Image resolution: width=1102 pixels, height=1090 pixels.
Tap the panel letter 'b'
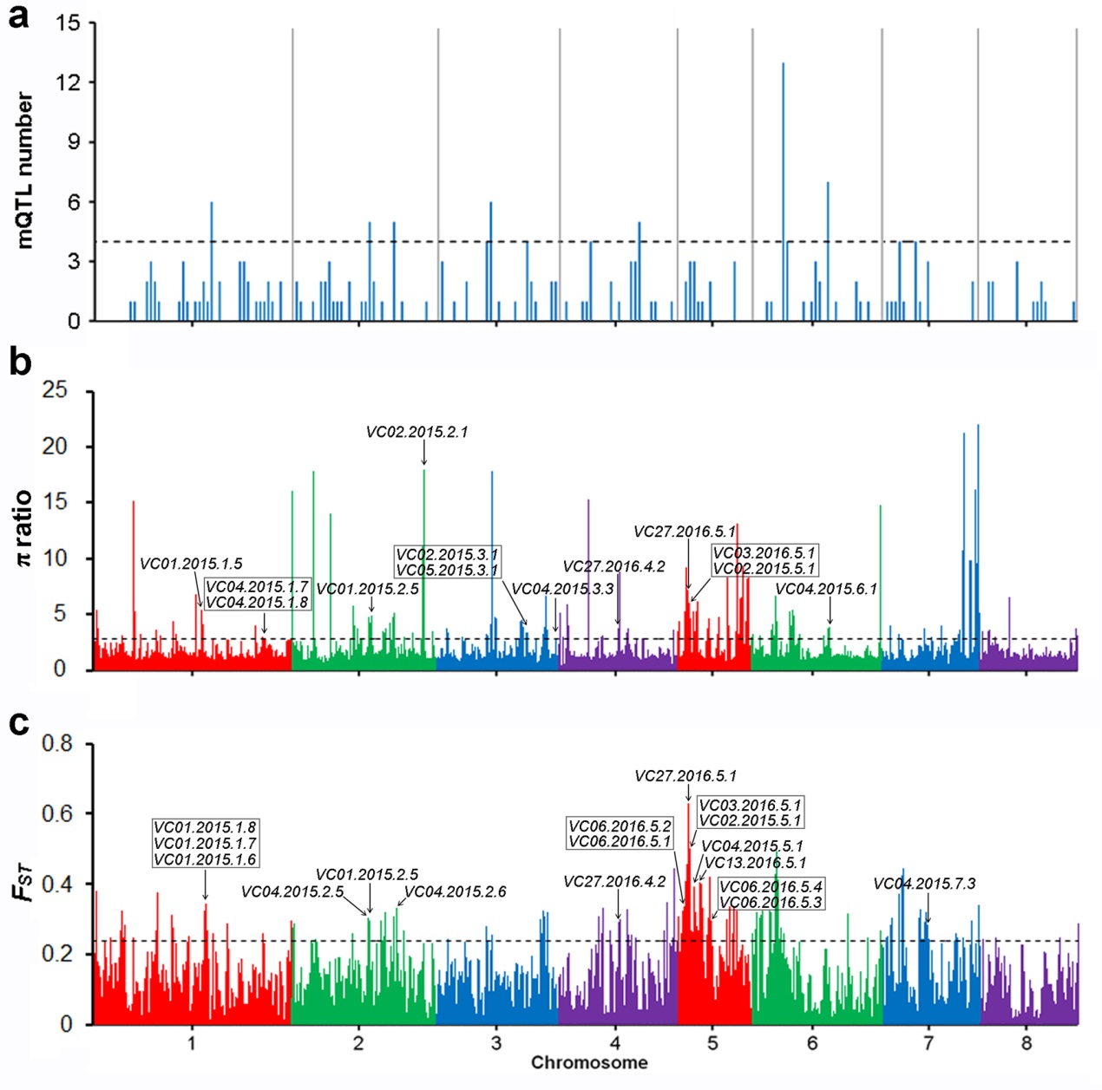pos(19,362)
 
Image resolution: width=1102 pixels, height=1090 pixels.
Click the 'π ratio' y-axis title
pos(23,528)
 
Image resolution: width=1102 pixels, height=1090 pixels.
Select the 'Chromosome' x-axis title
pos(589,1062)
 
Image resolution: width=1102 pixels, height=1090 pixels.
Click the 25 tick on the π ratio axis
pos(54,390)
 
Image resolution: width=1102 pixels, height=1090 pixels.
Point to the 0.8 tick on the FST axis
pos(57,743)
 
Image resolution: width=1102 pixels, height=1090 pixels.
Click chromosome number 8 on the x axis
pos(1027,1042)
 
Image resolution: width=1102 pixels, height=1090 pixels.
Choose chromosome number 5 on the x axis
pos(712,1042)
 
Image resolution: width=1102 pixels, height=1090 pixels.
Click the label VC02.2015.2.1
pos(417,432)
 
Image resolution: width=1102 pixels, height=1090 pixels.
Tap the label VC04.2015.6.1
pos(826,590)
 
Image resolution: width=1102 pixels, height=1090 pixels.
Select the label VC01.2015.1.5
pos(191,565)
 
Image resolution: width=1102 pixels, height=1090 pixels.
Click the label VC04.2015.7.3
pos(924,884)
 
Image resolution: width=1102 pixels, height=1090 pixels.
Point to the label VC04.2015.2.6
pos(456,891)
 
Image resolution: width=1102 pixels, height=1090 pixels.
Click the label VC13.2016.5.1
pos(755,863)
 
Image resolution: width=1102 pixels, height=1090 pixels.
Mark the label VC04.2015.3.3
pos(562,590)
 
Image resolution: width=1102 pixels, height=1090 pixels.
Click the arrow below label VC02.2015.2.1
pos(423,454)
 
